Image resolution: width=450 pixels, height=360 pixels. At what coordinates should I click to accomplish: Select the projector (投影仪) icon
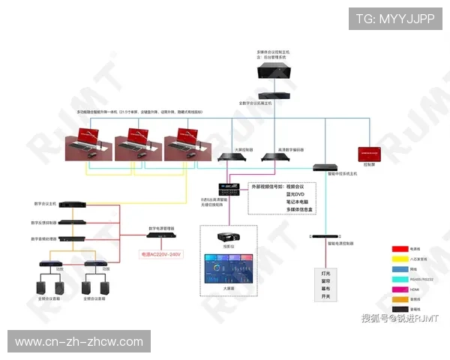pos(228,238)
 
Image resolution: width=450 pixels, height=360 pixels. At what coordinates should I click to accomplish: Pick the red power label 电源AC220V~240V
pos(161,255)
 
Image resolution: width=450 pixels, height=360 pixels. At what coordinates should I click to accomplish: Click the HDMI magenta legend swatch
pos(400,288)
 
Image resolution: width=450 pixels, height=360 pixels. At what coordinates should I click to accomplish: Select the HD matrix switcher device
pos(228,189)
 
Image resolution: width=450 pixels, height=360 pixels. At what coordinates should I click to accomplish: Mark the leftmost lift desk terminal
pos(89,142)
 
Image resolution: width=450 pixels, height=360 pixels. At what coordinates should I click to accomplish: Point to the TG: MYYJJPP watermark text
pos(395,19)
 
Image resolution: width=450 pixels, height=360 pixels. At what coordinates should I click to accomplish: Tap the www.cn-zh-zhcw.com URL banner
pos(79,342)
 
